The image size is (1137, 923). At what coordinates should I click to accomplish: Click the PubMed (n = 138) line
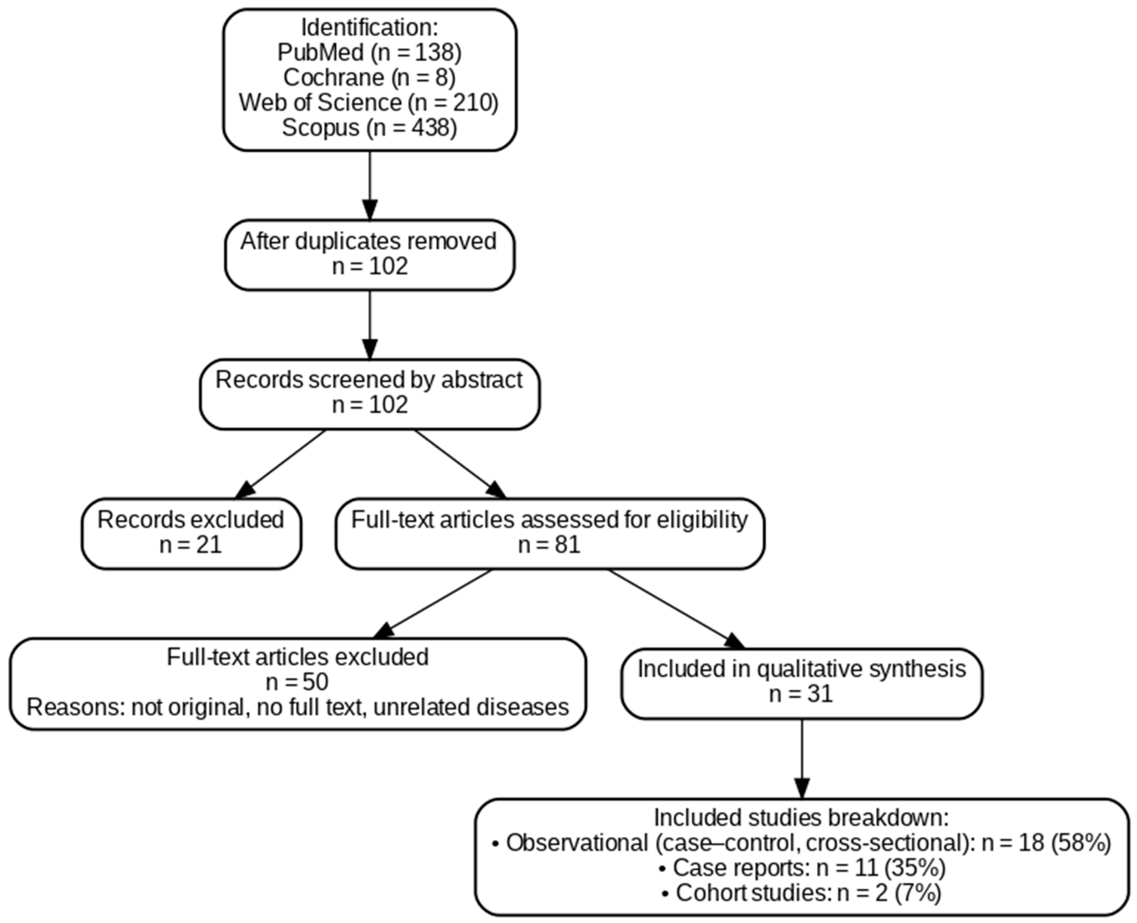[x=369, y=52]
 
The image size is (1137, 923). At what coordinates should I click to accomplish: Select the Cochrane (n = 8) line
[x=369, y=77]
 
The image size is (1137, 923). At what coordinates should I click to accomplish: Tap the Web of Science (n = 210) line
[x=369, y=102]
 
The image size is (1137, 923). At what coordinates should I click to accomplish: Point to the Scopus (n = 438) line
[x=369, y=128]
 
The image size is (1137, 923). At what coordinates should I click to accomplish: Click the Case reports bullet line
[x=802, y=868]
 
